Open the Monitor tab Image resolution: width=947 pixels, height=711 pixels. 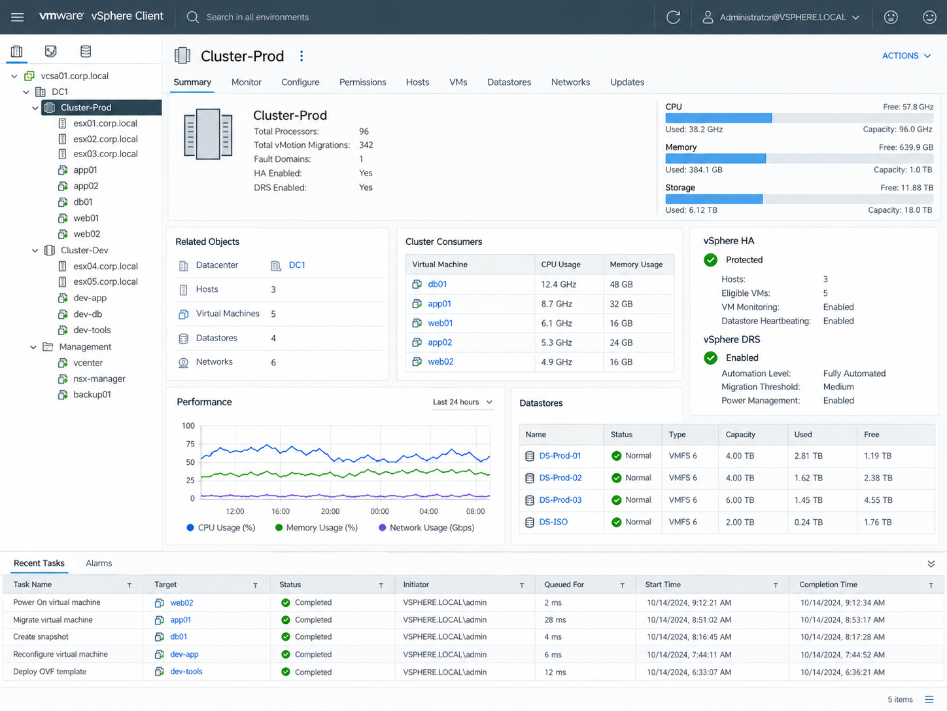(246, 82)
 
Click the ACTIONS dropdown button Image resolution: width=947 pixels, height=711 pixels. (906, 56)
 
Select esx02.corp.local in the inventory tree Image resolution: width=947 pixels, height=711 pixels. (105, 139)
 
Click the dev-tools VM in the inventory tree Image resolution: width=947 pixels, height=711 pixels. (92, 330)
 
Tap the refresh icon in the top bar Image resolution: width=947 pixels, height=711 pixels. (673, 17)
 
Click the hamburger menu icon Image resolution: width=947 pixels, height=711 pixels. (17, 17)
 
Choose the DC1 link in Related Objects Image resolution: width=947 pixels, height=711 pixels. (297, 265)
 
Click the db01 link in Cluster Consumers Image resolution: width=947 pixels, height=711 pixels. (437, 284)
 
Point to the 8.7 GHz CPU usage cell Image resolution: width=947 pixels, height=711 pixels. (557, 304)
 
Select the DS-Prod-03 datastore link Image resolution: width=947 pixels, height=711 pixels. (560, 500)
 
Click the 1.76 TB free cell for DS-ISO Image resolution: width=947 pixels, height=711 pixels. (878, 522)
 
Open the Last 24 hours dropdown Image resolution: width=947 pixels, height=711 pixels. (462, 402)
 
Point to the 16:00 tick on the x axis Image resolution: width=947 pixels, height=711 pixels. (281, 511)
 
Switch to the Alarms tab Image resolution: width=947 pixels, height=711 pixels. (99, 563)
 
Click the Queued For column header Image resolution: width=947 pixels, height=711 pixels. (564, 585)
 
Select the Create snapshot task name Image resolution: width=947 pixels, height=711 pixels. (41, 637)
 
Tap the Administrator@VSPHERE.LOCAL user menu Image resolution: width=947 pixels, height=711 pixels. (782, 17)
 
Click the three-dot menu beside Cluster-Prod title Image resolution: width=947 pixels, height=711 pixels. (301, 56)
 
